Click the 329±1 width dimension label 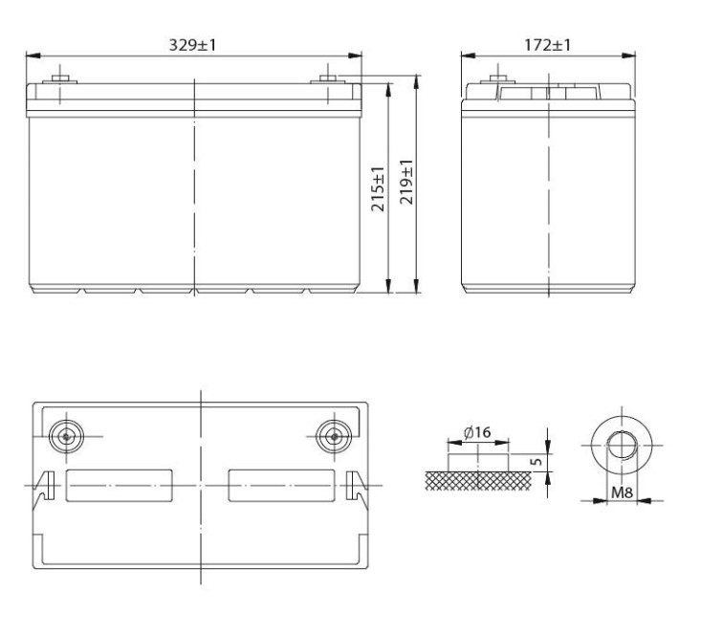[x=193, y=45]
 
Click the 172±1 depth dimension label [x=548, y=45]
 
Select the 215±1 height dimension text [x=379, y=188]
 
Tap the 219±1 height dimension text [x=408, y=188]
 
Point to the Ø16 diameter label [x=476, y=433]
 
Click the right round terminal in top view [x=333, y=435]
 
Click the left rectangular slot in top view [x=119, y=486]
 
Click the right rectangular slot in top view [x=281, y=486]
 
